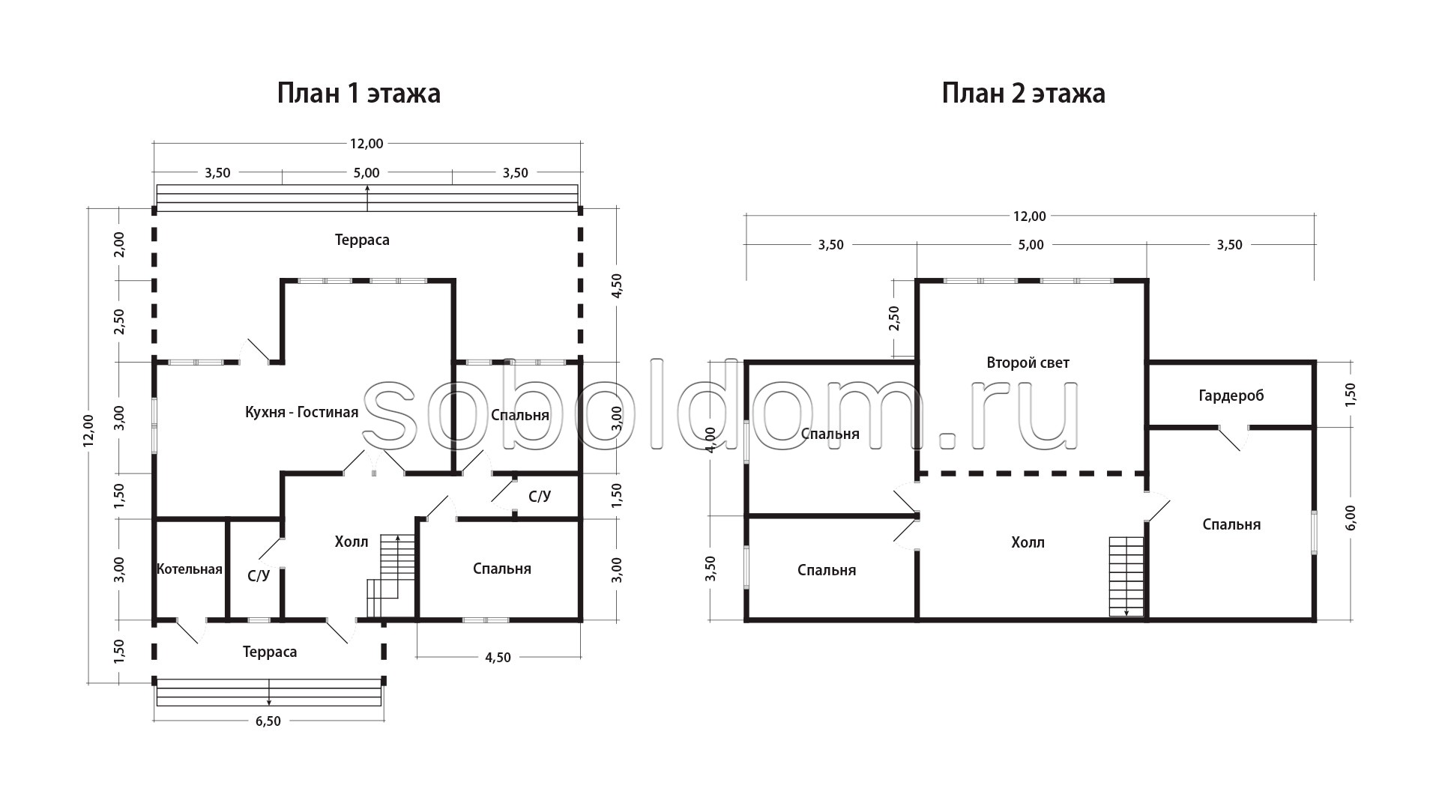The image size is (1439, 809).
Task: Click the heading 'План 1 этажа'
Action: coord(359,94)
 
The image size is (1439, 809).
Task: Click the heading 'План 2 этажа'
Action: coord(1024,94)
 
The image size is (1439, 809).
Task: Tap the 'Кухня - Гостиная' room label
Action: coord(301,412)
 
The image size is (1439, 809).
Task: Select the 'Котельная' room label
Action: coord(190,569)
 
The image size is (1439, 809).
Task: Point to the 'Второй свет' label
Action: coord(1028,363)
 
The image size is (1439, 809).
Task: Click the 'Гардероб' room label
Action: coord(1231,396)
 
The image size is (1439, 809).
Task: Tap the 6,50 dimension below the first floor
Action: coord(268,721)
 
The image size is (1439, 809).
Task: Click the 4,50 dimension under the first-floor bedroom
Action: coord(498,658)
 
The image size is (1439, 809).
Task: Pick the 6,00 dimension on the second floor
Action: coord(1351,517)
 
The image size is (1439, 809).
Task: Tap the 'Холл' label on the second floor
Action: coord(1028,542)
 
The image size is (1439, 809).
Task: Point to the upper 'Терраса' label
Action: coord(362,240)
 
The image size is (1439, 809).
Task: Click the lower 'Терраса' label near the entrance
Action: coord(270,652)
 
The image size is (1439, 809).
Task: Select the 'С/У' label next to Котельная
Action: coord(259,576)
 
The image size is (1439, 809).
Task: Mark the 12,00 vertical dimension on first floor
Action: coord(88,431)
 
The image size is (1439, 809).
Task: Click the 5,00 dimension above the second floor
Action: coord(1031,245)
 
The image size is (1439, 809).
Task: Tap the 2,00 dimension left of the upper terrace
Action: coord(118,244)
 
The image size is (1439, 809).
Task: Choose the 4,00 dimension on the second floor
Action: coord(711,440)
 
